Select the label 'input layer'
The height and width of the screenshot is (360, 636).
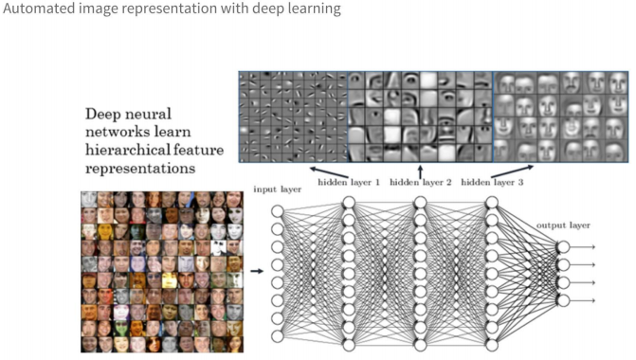(x=277, y=189)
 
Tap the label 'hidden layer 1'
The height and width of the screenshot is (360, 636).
(x=348, y=181)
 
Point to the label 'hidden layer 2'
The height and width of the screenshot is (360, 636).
(x=420, y=181)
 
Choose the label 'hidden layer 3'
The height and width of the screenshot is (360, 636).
(x=491, y=181)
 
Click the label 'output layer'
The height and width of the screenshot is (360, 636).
(x=563, y=225)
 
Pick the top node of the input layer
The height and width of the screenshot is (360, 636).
(x=278, y=210)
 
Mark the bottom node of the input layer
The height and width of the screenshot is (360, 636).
(x=278, y=335)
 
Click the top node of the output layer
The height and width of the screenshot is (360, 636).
(x=563, y=246)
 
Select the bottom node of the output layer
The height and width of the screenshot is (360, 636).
(x=563, y=300)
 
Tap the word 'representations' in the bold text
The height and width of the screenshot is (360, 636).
(x=139, y=168)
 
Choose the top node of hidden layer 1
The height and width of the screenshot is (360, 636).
(x=348, y=202)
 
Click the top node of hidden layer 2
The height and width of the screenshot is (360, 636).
(x=420, y=202)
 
